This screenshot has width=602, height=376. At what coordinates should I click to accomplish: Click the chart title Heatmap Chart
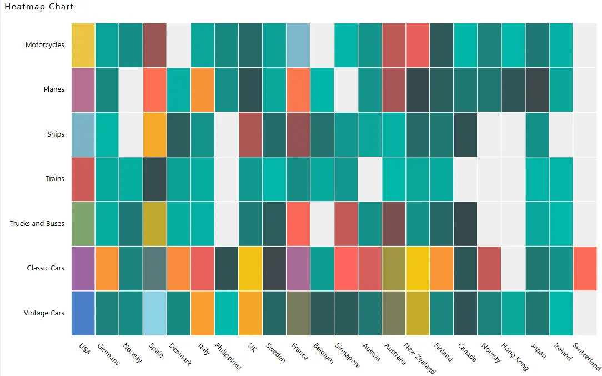39,7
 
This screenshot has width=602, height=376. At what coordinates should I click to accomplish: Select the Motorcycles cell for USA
83,45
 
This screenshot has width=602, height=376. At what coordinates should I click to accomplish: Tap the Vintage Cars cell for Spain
155,313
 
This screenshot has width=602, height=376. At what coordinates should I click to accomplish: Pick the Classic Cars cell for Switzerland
585,268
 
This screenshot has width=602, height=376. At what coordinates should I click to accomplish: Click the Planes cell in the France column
298,89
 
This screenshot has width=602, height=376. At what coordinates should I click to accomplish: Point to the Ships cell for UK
250,134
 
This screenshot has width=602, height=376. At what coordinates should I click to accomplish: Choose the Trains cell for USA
83,179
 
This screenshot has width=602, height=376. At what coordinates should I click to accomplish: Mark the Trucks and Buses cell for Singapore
346,224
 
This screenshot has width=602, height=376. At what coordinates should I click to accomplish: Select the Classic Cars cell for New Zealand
418,268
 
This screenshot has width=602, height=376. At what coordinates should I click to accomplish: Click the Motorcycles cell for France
298,45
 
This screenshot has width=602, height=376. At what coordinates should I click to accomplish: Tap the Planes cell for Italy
203,89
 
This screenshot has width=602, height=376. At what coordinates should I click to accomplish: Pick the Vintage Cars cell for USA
83,313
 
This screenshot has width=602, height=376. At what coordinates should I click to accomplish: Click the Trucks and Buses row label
37,224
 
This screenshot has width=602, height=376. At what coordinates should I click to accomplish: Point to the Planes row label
54,89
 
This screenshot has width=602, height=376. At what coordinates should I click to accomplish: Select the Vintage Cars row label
44,313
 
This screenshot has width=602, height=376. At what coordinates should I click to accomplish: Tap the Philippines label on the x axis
228,356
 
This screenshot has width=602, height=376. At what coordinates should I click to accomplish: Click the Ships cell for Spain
155,134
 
